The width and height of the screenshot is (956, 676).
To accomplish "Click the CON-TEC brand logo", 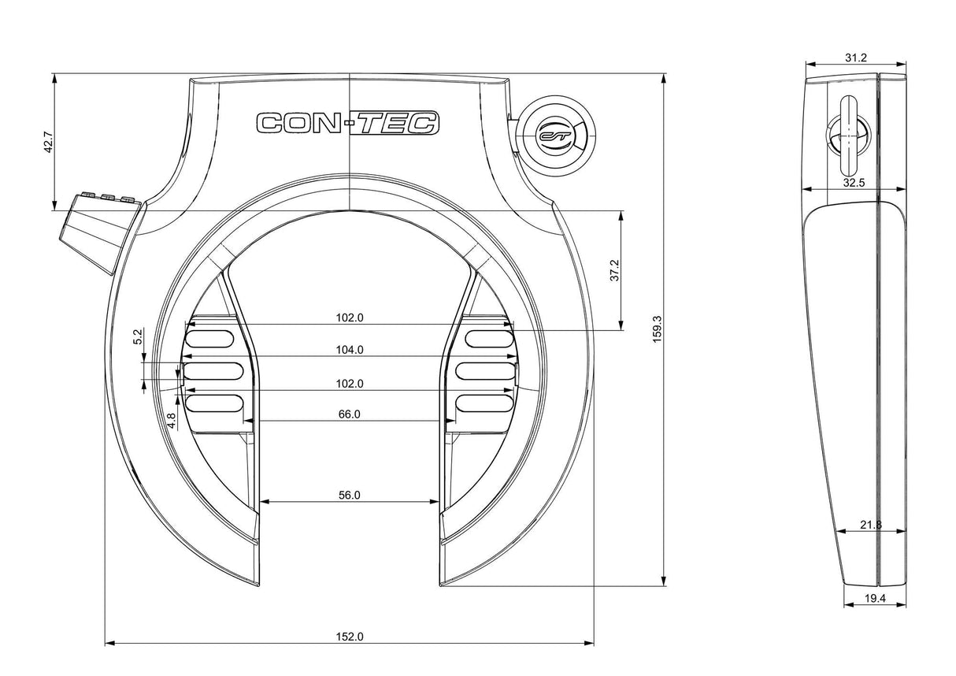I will pos(347,123).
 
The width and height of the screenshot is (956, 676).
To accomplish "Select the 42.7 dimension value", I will pos(48,141).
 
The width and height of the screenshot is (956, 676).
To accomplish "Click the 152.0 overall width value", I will pos(350,637).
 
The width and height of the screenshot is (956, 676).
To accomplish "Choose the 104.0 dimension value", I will pos(349,350).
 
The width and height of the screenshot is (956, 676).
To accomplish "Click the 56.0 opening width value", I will pos(349,495).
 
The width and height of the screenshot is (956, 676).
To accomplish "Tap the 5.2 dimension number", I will pos(138,338).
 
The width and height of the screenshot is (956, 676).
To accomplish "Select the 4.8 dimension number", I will pos(171,421).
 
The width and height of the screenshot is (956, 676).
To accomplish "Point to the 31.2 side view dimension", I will pos(856,57).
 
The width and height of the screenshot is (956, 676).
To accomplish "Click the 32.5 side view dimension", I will pos(854,182).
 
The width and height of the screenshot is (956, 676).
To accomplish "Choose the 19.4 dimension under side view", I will pos(875,599).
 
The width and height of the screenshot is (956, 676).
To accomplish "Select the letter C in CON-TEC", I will pos(271,124).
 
